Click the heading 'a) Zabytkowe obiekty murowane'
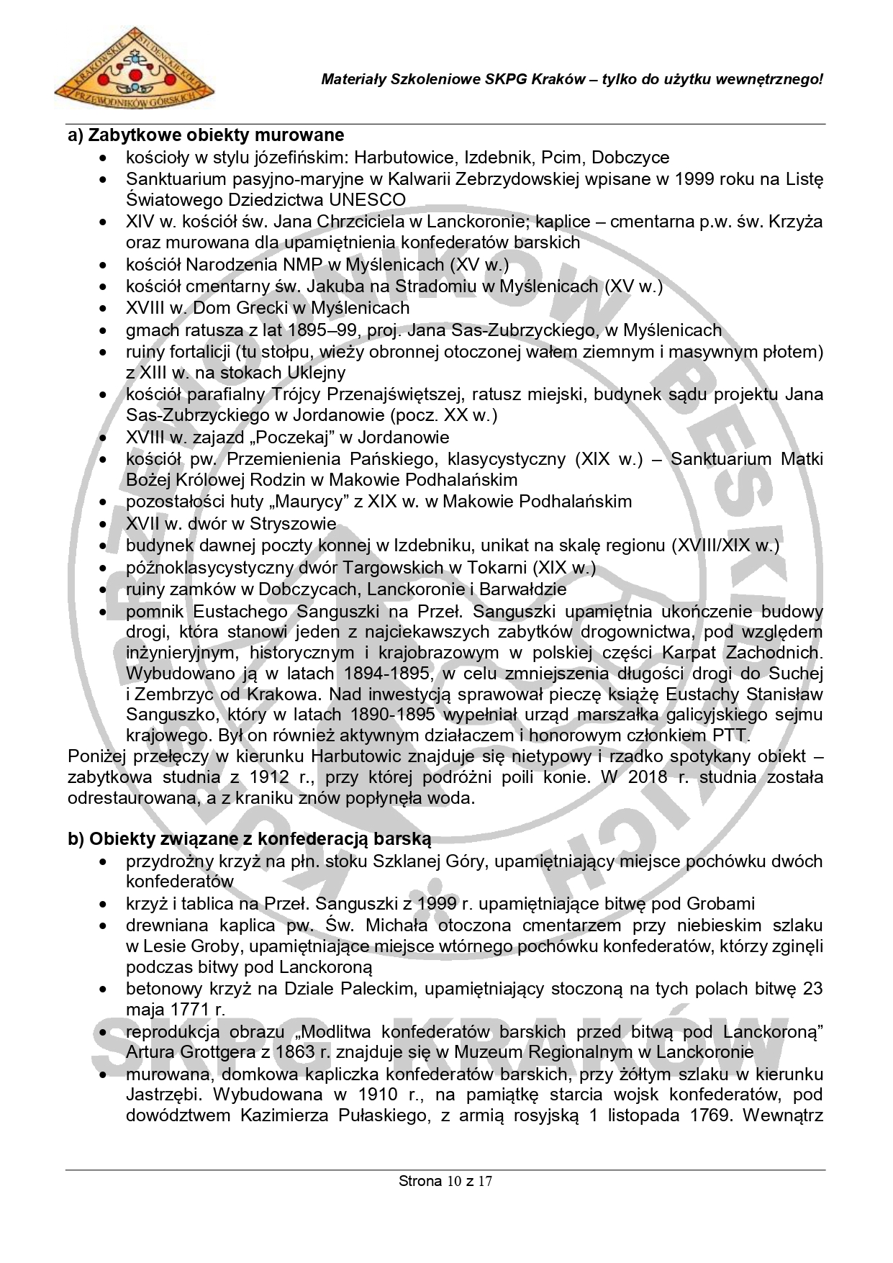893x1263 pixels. (x=206, y=135)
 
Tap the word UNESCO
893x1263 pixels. (x=366, y=199)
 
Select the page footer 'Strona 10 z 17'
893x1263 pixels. (x=445, y=1181)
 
